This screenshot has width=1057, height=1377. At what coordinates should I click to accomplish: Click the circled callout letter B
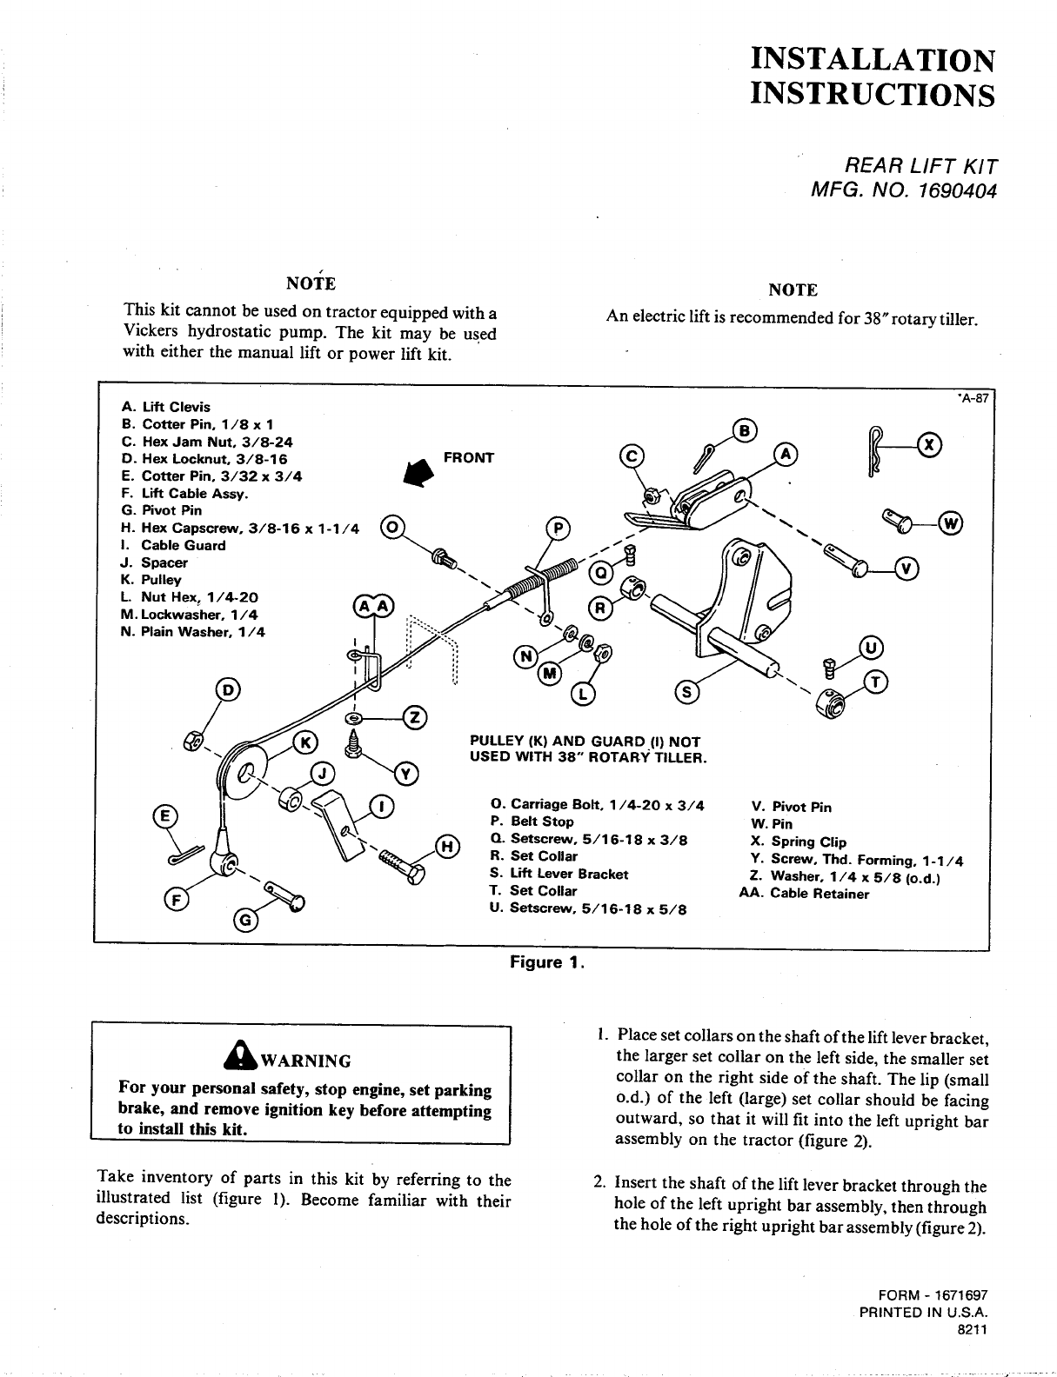click(x=746, y=429)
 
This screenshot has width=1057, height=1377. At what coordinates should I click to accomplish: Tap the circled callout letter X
click(x=930, y=445)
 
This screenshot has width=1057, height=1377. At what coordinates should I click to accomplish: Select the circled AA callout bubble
click(x=372, y=607)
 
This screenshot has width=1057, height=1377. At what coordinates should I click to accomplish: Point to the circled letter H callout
click(x=445, y=846)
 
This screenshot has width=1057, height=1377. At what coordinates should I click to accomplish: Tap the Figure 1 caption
click(x=546, y=962)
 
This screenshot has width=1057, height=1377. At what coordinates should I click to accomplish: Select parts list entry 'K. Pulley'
click(x=151, y=580)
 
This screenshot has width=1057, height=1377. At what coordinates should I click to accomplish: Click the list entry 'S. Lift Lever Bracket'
click(x=559, y=874)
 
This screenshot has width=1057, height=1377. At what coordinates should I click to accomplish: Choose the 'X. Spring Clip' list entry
click(x=798, y=841)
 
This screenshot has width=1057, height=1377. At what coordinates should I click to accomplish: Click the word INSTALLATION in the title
click(x=873, y=59)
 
